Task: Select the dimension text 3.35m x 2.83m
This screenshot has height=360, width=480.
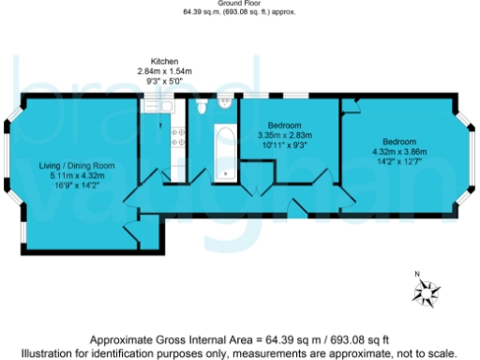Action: pos(284,135)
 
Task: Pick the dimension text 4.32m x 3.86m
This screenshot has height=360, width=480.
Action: pos(399,151)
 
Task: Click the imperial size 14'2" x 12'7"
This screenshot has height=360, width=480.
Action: pos(399,160)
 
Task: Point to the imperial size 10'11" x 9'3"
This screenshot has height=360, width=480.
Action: pos(284,144)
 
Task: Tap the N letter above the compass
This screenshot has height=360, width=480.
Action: pos(418,274)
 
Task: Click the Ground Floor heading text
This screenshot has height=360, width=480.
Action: pos(239,4)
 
